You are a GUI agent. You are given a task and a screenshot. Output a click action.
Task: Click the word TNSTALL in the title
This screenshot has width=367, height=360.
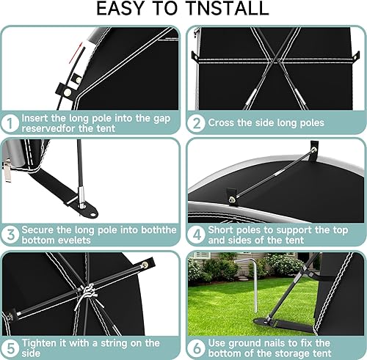[x=228, y=9]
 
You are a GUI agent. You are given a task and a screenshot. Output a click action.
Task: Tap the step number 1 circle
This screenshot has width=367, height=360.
[x=10, y=123]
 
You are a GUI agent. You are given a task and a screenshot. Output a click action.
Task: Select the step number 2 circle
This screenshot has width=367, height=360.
[x=196, y=123]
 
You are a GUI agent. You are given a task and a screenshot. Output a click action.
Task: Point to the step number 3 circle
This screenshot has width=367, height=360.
[x=10, y=235]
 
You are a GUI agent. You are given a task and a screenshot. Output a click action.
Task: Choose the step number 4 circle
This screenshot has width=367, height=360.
[x=196, y=235]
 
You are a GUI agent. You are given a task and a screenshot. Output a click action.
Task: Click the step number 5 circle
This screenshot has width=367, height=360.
[x=10, y=348]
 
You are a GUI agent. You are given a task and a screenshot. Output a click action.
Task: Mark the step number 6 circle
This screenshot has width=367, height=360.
[x=196, y=348]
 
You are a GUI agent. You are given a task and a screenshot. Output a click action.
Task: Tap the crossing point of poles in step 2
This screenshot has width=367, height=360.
[x=276, y=59]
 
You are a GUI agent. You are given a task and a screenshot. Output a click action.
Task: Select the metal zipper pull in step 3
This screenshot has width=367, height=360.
[x=7, y=170]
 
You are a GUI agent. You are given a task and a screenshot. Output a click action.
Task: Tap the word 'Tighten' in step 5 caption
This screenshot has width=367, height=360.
[x=37, y=344]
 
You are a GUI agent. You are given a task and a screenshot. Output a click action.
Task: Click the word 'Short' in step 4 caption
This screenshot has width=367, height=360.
[x=220, y=230]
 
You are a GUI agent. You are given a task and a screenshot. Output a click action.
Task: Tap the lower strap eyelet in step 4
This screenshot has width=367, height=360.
[x=231, y=199]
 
